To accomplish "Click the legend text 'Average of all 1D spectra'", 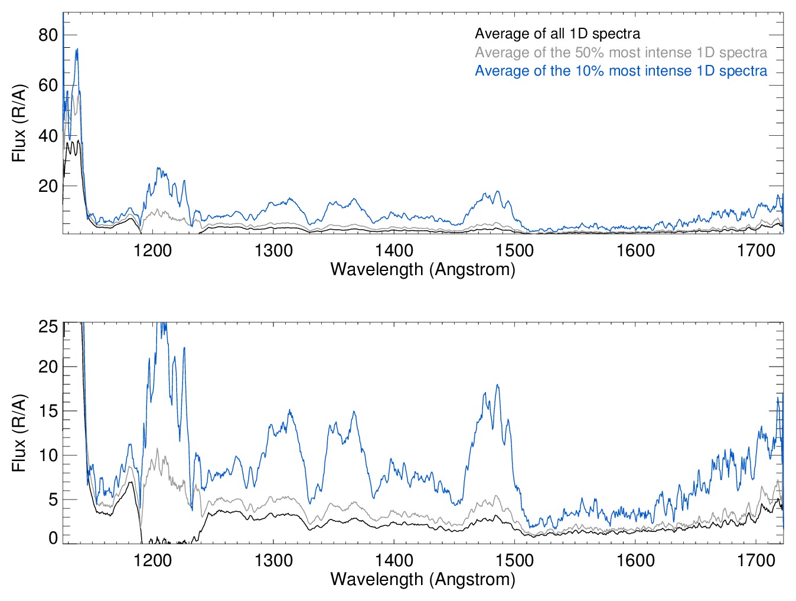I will pos(557,34).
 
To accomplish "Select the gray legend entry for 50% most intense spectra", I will pos(621,53).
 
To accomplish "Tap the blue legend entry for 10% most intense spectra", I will pos(621,71).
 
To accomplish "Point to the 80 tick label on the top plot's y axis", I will pos(48,35).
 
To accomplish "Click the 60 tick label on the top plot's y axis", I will pos(48,85).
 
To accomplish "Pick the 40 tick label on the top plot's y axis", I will pos(48,136).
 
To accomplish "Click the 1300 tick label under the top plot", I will pos(273,250).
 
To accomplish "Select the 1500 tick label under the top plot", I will pos(514,250).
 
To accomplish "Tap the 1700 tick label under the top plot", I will pos(756,250).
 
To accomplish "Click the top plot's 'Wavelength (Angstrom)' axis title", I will pos(423,269).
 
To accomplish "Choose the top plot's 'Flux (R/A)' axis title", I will pos(19,123).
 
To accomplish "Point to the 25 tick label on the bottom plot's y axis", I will pos(48,327).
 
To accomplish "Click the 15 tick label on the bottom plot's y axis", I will pos(48,411).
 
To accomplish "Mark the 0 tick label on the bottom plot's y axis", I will pos(53,538).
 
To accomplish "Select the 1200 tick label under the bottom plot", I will pos(153,560).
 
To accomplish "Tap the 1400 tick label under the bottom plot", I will pos(394,560).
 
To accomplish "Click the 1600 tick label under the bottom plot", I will pos(635,560).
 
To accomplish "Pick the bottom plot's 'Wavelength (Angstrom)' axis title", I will pos(423,579).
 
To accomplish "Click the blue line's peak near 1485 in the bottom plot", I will pos(497,385).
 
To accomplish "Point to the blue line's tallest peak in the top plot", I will pos(77,50).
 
